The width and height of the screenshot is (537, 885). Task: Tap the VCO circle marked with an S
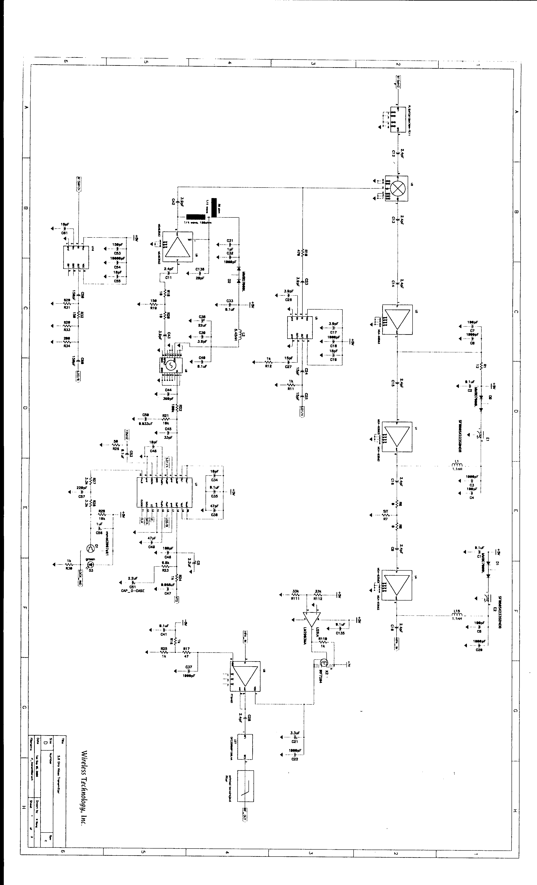tap(171, 365)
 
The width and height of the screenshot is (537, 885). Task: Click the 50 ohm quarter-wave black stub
tap(214, 207)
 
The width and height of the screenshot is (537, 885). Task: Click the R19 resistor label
tap(153, 308)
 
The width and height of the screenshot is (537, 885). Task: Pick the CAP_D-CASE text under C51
tap(133, 590)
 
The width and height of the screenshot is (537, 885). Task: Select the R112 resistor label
tap(318, 599)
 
